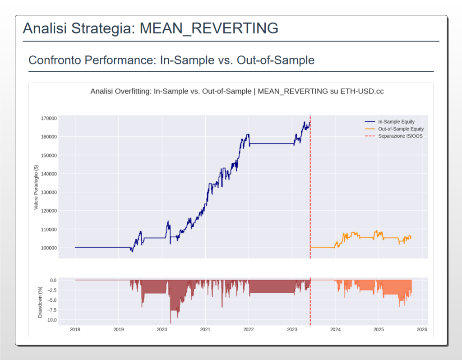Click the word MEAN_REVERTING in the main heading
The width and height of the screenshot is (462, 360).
(x=209, y=28)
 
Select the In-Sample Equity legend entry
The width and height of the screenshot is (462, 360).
(x=396, y=122)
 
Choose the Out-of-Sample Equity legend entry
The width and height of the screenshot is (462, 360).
(x=401, y=129)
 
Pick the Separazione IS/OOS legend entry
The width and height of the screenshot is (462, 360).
(x=400, y=136)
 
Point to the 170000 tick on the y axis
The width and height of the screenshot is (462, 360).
(x=48, y=118)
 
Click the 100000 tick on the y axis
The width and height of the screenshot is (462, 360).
(x=48, y=248)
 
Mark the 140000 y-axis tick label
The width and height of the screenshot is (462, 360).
(x=48, y=174)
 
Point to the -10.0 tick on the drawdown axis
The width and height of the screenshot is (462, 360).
(x=50, y=320)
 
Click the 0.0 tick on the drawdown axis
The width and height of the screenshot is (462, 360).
(x=53, y=280)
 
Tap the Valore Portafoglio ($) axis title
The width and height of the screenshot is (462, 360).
(x=36, y=187)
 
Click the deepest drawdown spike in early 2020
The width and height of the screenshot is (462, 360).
(x=171, y=322)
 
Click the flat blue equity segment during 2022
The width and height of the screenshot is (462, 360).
(x=271, y=143)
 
